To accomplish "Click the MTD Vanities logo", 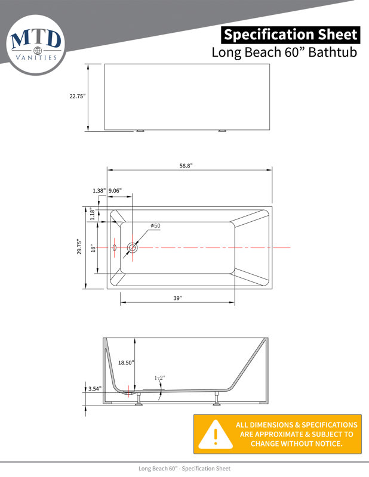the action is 36,45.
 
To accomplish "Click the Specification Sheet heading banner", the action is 290,35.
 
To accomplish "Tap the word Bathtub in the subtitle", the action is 333,52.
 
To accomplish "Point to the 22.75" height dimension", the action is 78,96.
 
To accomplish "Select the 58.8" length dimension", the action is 186,166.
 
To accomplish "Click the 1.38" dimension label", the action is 99,191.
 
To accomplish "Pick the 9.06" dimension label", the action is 115,191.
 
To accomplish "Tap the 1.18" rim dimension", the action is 93,213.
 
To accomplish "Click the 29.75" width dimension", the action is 79,246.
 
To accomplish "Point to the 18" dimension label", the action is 93,249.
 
